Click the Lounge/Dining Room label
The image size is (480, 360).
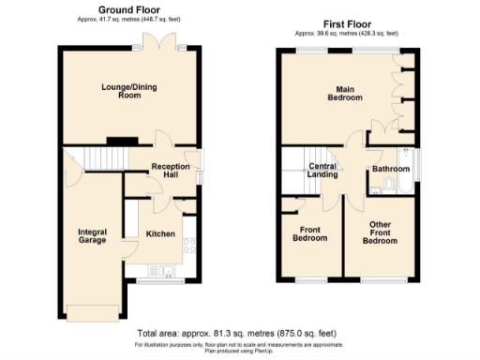(128, 93)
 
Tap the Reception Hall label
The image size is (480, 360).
(170, 172)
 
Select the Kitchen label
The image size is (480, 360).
(159, 233)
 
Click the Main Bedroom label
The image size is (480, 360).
(344, 94)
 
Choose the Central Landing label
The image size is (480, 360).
(322, 171)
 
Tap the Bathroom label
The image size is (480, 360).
(390, 170)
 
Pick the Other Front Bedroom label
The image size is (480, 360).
(379, 233)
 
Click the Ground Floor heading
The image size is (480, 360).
(129, 7)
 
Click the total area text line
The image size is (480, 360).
(236, 334)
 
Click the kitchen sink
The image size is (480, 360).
(166, 273)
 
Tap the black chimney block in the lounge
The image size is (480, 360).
(116, 142)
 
